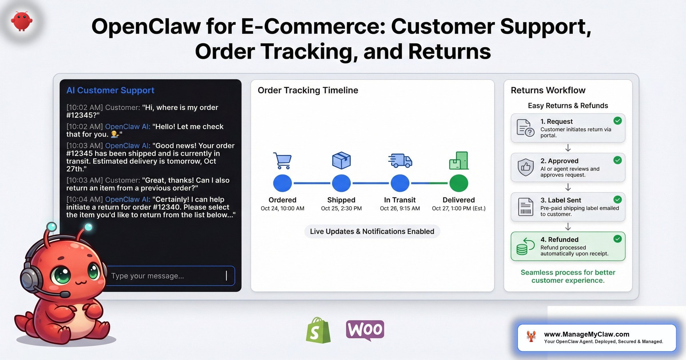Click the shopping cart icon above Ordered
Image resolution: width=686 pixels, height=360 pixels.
pyautogui.click(x=282, y=160)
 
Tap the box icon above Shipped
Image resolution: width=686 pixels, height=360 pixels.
pyautogui.click(x=341, y=160)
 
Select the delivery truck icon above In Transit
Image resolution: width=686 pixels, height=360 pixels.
pyautogui.click(x=400, y=160)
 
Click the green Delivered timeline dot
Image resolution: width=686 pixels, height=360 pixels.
pyautogui.click(x=458, y=183)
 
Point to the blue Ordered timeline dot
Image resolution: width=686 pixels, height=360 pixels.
pyautogui.click(x=282, y=183)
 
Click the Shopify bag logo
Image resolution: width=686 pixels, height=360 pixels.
pyautogui.click(x=318, y=331)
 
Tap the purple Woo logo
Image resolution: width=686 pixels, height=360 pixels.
pyautogui.click(x=365, y=330)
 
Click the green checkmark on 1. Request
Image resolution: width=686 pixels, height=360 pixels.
pyautogui.click(x=617, y=121)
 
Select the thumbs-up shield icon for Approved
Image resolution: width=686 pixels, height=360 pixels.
pyautogui.click(x=525, y=167)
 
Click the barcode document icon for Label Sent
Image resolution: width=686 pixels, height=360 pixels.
pyautogui.click(x=525, y=207)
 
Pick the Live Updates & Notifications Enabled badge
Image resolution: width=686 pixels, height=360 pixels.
pyautogui.click(x=372, y=231)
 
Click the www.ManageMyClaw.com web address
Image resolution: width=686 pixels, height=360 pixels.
pyautogui.click(x=587, y=334)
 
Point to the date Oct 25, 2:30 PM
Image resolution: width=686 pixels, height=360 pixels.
pyautogui.click(x=341, y=208)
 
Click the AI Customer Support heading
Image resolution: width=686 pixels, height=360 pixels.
pyautogui.click(x=110, y=90)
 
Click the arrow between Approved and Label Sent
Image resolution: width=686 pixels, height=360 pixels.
pyautogui.click(x=568, y=187)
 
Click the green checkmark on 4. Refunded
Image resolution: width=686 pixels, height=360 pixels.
pyautogui.click(x=617, y=239)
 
